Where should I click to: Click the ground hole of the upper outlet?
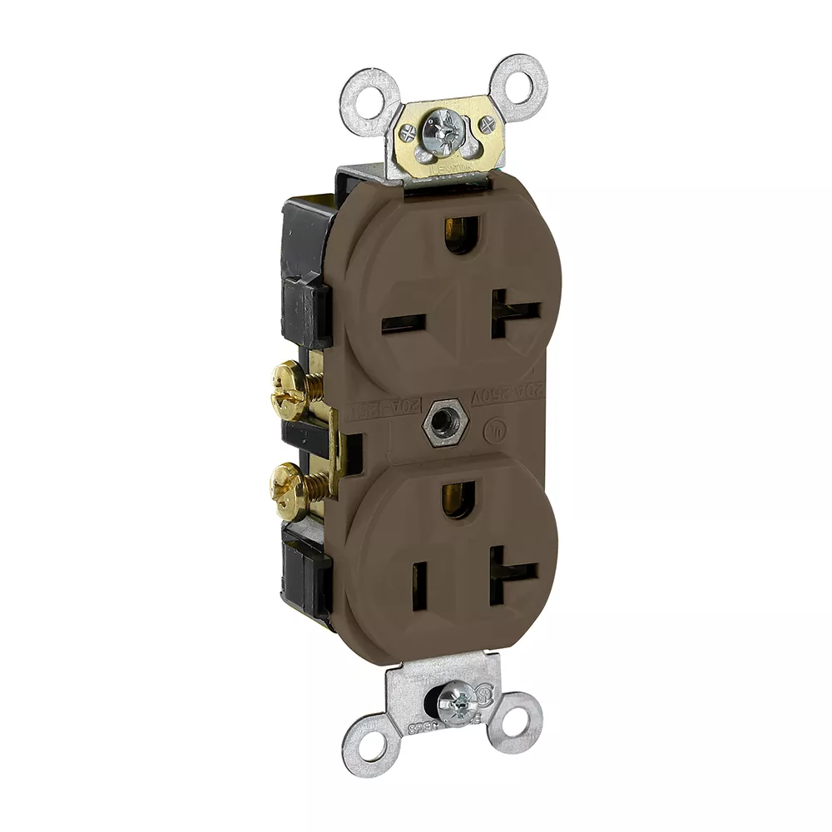click(456, 234)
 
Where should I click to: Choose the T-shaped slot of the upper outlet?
click(510, 313)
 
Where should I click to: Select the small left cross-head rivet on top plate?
click(409, 132)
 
